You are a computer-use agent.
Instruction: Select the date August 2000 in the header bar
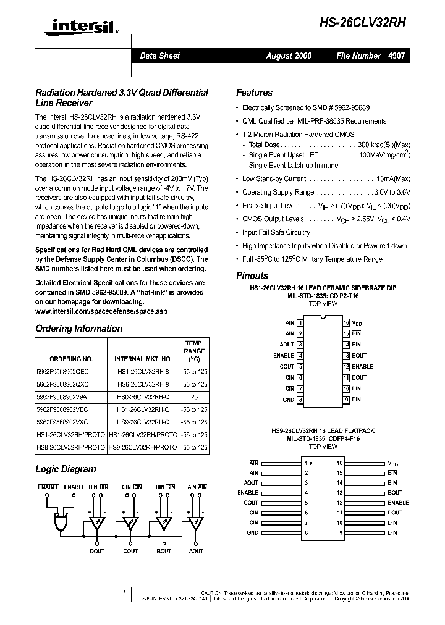pos(289,56)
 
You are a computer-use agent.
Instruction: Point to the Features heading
pos(254,93)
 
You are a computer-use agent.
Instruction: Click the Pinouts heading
pos(252,275)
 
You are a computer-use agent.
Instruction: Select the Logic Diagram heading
pos(66,469)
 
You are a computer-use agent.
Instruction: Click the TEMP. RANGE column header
pos(195,351)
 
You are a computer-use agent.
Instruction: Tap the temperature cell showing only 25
pos(195,398)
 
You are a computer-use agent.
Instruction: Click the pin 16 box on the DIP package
pos(347,322)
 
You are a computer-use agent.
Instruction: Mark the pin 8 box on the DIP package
pos(300,400)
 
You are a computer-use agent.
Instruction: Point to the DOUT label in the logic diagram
pos(97,551)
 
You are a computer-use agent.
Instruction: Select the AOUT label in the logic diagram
pos(196,551)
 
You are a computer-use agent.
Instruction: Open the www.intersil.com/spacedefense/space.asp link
pos(101,311)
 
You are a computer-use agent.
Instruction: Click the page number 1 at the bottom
pos(124,594)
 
